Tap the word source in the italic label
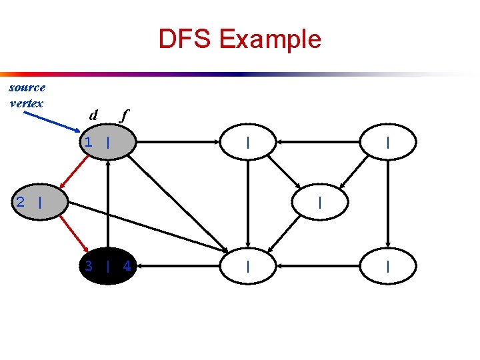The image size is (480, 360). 27,87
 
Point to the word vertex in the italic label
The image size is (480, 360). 27,103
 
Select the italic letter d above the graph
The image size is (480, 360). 94,115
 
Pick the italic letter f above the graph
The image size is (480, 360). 123,115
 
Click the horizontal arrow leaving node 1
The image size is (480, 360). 179,142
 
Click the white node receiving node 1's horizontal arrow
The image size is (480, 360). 247,142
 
